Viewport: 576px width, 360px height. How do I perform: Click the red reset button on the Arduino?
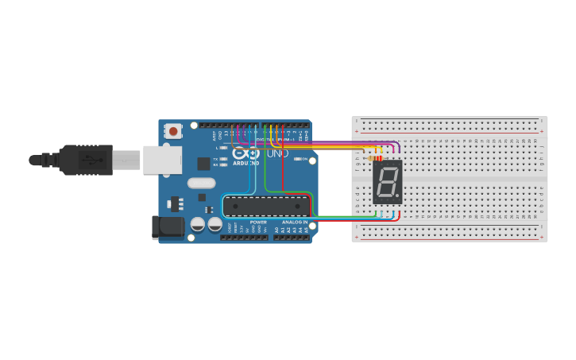[173, 130]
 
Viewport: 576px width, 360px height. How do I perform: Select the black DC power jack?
[168, 228]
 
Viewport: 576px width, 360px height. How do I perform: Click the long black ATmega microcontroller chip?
[265, 206]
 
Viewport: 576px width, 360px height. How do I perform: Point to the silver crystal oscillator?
[202, 183]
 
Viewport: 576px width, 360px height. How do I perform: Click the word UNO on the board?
[277, 153]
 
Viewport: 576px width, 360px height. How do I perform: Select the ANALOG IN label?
[294, 222]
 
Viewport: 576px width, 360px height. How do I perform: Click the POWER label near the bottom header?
[258, 222]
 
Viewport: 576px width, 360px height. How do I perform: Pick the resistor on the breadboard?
[375, 158]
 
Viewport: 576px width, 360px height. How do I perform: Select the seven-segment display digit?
[387, 182]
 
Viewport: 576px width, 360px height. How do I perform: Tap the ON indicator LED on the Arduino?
[296, 159]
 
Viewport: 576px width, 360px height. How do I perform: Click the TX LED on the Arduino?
[223, 159]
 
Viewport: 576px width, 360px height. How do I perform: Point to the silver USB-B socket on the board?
[162, 159]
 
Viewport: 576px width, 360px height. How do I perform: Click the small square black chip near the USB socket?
[203, 164]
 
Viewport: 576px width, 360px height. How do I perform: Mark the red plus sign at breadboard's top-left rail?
[357, 120]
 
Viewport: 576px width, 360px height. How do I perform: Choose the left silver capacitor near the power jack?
[198, 225]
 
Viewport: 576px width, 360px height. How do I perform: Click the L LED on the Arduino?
[223, 148]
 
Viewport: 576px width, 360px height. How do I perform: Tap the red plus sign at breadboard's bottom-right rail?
[543, 237]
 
